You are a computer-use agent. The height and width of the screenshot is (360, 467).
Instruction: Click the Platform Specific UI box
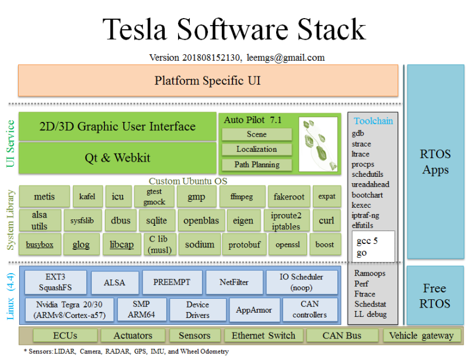(207, 81)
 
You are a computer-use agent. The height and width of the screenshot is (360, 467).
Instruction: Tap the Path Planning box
(257, 165)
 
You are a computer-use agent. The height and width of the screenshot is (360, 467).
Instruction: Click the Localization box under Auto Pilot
(257, 149)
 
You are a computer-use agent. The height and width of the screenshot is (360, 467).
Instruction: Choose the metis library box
(44, 197)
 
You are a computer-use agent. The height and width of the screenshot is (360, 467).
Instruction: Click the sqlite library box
(157, 221)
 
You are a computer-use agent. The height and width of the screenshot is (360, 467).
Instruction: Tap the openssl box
(287, 244)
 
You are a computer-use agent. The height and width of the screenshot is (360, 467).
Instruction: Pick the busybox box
(40, 244)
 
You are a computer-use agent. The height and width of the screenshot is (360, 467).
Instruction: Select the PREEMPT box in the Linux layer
(172, 282)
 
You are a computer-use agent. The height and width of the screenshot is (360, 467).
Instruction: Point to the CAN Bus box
(342, 335)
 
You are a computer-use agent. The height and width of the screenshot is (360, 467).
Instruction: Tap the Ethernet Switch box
(263, 335)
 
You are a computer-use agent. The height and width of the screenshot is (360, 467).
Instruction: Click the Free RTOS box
(435, 296)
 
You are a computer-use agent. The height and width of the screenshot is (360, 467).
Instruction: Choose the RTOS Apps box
(435, 162)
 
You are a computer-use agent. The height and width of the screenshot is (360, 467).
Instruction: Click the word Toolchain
(373, 121)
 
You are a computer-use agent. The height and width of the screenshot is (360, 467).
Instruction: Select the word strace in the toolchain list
(361, 144)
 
